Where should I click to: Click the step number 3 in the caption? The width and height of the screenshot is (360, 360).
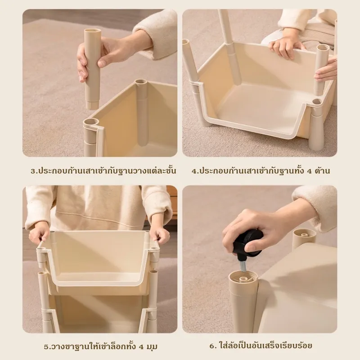pyautogui.click(x=33, y=171)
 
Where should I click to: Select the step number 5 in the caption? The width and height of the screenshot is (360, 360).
pyautogui.click(x=47, y=346)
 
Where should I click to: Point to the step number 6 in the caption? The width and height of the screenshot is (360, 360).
pyautogui.click(x=213, y=346)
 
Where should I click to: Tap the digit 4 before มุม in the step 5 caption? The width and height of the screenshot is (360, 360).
pyautogui.click(x=141, y=346)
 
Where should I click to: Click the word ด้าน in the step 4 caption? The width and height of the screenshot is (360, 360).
pyautogui.click(x=323, y=171)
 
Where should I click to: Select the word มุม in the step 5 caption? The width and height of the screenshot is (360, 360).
pyautogui.click(x=152, y=347)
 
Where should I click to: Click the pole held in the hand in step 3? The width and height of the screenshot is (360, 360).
pyautogui.click(x=92, y=69)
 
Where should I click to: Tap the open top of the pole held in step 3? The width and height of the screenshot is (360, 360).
pyautogui.click(x=93, y=31)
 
